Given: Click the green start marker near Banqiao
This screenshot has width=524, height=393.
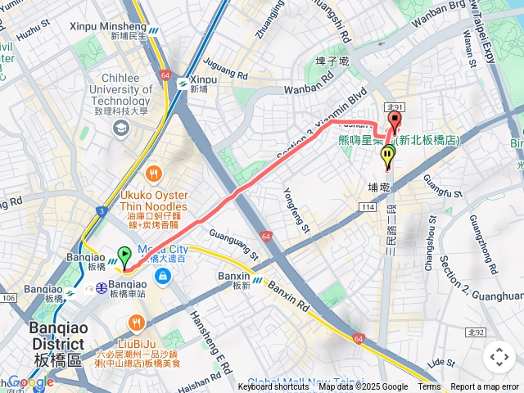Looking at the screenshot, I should [124, 256].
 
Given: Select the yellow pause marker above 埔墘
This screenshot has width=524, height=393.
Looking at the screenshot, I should [387, 156].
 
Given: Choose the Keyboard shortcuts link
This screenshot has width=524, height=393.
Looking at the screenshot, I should [273, 387].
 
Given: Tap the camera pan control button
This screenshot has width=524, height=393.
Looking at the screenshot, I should [499, 357].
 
